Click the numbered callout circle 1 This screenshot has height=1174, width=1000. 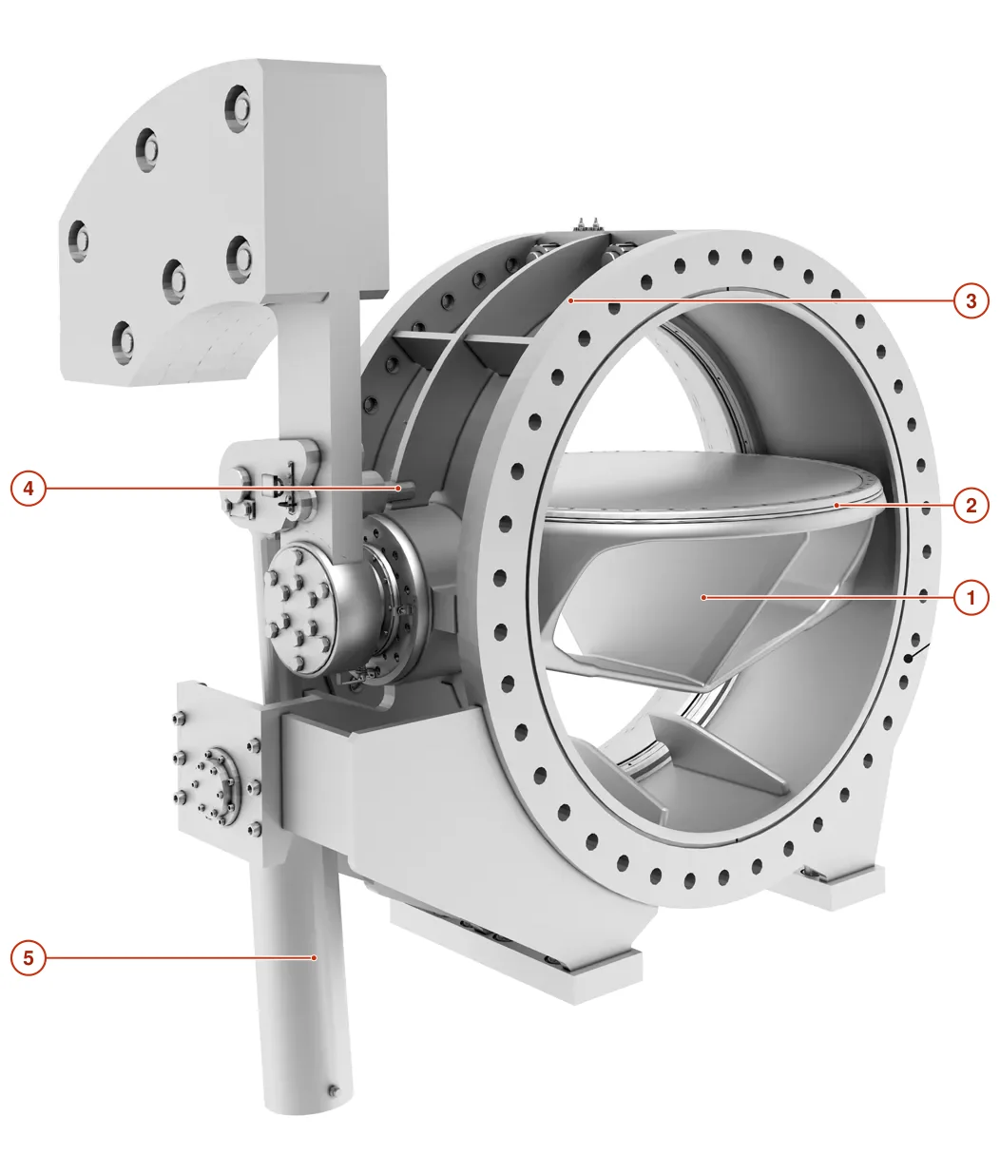[971, 598]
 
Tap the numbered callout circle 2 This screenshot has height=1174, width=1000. [971, 505]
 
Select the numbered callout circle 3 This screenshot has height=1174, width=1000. [971, 300]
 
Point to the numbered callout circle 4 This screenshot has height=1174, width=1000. [29, 488]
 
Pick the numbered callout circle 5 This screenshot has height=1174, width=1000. [29, 957]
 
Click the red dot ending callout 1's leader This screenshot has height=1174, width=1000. [703, 598]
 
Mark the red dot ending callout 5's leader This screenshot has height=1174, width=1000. [314, 957]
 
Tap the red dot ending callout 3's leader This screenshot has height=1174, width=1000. [572, 300]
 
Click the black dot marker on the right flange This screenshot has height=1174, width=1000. [909, 659]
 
